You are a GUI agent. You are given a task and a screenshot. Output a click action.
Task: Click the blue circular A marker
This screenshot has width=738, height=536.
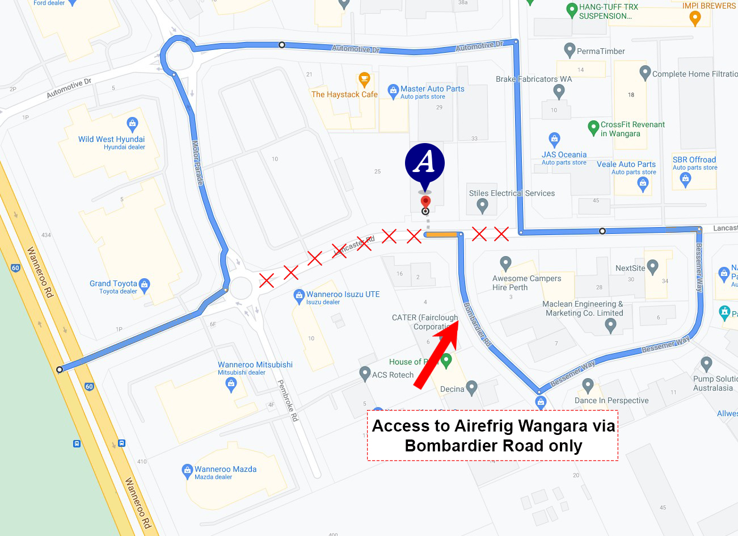pyautogui.click(x=424, y=164)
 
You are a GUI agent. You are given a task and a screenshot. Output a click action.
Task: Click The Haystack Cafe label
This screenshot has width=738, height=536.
pyautogui.click(x=344, y=95)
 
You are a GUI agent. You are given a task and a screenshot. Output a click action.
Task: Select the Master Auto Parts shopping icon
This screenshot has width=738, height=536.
pyautogui.click(x=393, y=90)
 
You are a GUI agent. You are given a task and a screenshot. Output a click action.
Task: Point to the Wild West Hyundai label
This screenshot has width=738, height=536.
pyautogui.click(x=112, y=140)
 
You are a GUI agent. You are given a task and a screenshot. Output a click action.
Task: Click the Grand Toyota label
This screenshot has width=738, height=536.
pyautogui.click(x=113, y=284)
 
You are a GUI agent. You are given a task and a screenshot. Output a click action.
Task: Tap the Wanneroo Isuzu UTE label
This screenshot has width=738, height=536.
pyautogui.click(x=343, y=295)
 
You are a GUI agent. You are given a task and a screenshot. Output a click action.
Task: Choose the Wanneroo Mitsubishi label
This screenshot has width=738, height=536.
pyautogui.click(x=255, y=365)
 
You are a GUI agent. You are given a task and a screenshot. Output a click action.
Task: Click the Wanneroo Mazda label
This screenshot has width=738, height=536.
pyautogui.click(x=225, y=470)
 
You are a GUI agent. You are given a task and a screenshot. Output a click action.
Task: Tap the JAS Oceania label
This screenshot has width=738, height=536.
pyautogui.click(x=564, y=155)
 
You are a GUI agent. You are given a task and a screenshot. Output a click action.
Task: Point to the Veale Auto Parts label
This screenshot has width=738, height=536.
pyautogui.click(x=626, y=165)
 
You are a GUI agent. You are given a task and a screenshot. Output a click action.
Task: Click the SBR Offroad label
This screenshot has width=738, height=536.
pyautogui.click(x=694, y=160)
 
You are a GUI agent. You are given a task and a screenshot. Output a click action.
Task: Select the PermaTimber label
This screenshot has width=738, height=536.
pyautogui.click(x=601, y=52)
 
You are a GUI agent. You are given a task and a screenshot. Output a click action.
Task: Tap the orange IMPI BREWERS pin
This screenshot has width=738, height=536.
pyautogui.click(x=694, y=18)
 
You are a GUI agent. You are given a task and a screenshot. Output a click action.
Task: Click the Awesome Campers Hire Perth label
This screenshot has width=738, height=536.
pyautogui.click(x=526, y=283)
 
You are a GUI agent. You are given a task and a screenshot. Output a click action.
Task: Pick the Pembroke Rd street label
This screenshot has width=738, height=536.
pyautogui.click(x=288, y=400)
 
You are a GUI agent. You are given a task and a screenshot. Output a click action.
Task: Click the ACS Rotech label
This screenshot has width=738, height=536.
pyautogui.click(x=393, y=375)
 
